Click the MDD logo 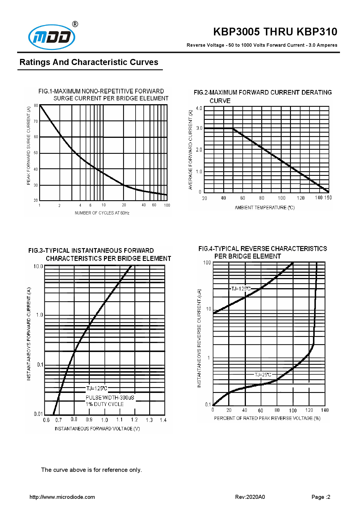[52, 37]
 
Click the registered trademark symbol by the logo [75, 24]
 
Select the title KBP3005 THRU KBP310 [275, 32]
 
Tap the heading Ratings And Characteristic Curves [89, 62]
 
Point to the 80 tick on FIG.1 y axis [36, 105]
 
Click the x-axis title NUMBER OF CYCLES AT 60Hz [102, 213]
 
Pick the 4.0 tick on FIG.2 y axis [199, 109]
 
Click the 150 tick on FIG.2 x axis [328, 198]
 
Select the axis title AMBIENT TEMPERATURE [264, 207]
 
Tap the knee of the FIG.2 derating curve [233, 128]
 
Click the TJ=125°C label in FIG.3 [97, 388]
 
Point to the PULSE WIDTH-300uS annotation [110, 398]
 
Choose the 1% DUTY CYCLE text [105, 404]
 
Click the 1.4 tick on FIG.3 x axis [163, 420]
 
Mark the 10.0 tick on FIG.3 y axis [38, 266]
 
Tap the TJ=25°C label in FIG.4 [263, 375]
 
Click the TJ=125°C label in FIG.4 [241, 289]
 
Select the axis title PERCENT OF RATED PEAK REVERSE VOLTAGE [267, 418]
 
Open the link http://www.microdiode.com [62, 497]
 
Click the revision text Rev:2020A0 [250, 497]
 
